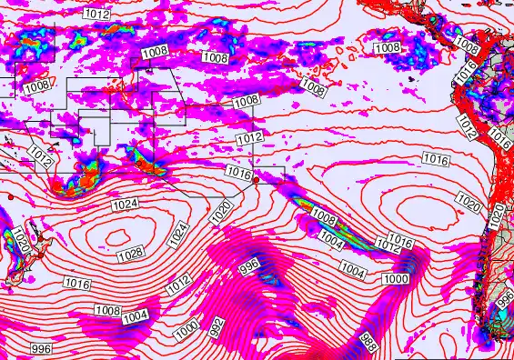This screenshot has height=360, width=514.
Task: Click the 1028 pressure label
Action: pos(130,252)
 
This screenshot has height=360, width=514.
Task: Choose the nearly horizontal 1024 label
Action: pos(125,205)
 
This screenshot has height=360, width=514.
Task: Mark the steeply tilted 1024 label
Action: pos(179,234)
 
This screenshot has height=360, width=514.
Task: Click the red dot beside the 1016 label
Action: pos(256,180)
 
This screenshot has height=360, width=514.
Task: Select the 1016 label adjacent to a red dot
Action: pos(237,173)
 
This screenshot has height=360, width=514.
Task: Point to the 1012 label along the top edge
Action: pos(96,14)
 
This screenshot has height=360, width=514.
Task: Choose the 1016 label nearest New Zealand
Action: pos(76,285)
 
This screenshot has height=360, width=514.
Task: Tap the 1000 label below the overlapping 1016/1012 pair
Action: pos(397,278)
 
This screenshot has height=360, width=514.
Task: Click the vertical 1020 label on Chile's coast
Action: pos(497,215)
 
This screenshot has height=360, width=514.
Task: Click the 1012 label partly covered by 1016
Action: pos(388,247)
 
